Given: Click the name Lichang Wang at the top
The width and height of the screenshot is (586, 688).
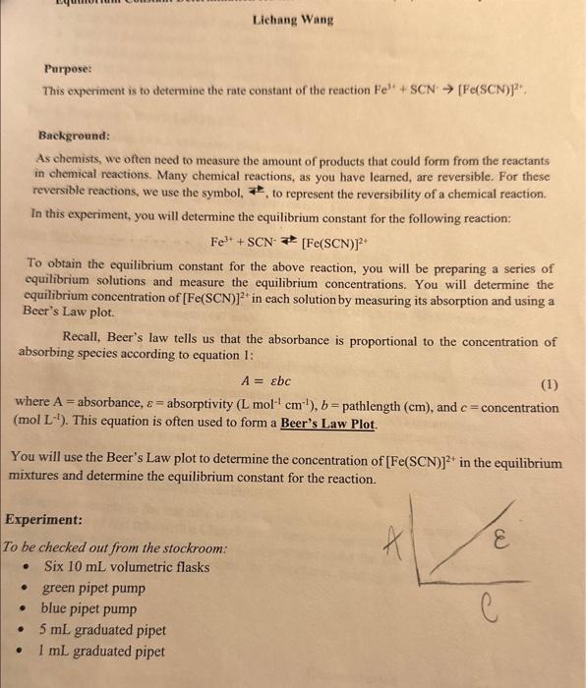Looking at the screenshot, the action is point(292,19).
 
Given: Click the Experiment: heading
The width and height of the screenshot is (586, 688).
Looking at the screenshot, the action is point(43,519).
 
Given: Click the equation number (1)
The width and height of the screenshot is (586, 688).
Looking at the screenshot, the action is point(549,385).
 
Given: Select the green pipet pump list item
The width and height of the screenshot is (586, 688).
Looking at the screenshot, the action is point(93,588).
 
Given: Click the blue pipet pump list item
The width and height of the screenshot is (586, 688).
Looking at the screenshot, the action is point(89,608).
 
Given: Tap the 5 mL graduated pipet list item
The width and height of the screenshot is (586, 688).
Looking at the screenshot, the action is point(102,629).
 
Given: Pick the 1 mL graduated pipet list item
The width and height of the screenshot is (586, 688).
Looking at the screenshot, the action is point(102,650).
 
